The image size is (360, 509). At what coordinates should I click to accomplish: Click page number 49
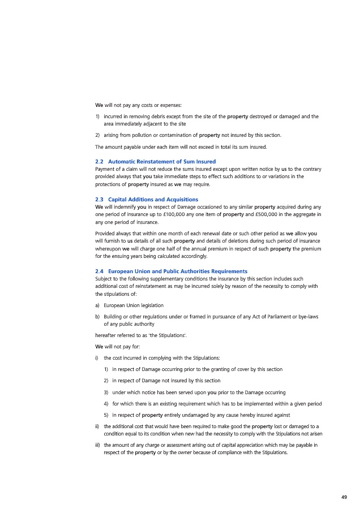(x=344, y=497)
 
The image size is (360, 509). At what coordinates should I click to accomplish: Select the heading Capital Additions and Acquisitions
(x=153, y=200)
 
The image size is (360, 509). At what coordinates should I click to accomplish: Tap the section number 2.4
(x=100, y=271)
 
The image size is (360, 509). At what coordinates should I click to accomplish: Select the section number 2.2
(x=100, y=161)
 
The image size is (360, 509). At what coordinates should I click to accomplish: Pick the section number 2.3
(x=100, y=200)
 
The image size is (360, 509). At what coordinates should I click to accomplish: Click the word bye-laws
(x=306, y=317)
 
